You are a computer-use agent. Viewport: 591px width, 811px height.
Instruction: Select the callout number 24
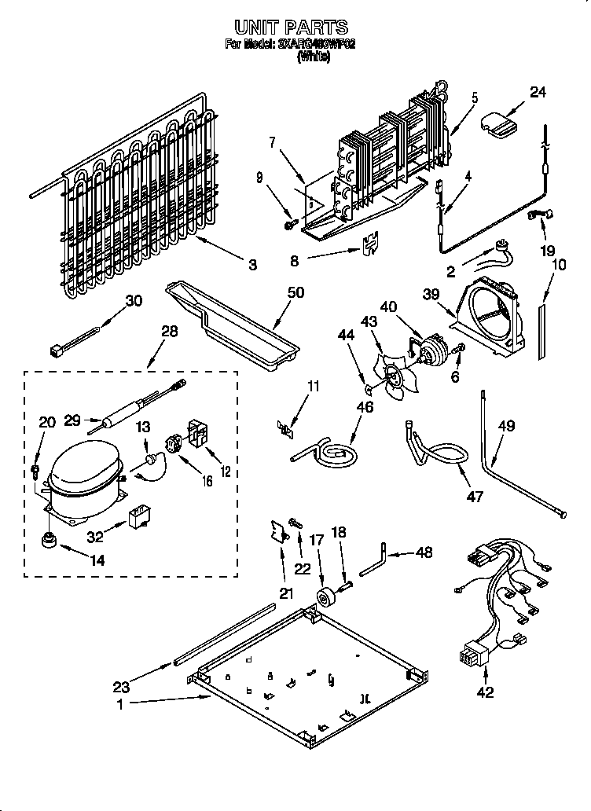click(537, 92)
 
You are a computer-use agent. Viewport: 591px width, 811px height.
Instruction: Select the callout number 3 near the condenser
click(252, 266)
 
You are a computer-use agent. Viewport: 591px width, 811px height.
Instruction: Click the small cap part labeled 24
click(497, 122)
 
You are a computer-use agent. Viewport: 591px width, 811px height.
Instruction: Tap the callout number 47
click(474, 496)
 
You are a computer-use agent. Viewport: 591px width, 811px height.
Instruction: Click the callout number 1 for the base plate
click(120, 705)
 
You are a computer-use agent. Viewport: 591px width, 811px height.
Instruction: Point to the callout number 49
click(507, 427)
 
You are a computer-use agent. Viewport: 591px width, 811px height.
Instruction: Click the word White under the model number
click(314, 57)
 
